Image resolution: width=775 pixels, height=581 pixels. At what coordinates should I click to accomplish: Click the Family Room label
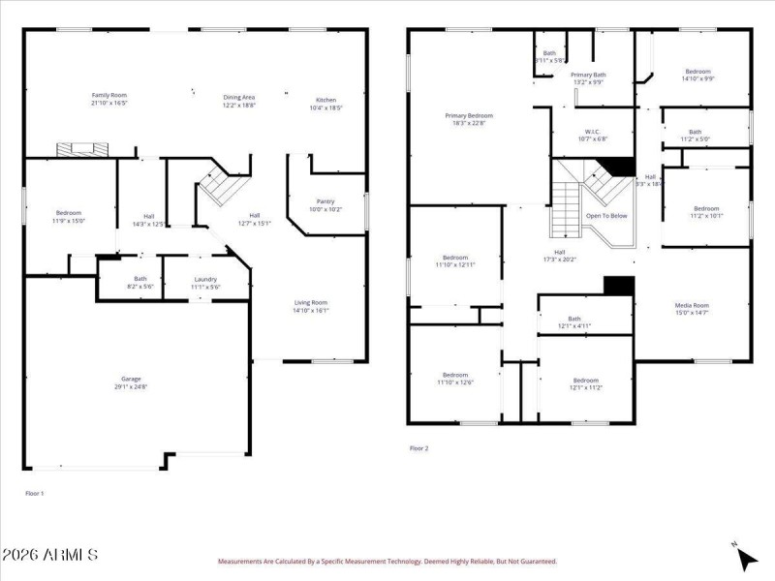pos(109,95)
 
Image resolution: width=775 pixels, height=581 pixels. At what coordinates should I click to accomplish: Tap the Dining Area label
pos(239,96)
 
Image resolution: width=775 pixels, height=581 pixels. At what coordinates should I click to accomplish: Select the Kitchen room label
pos(325,100)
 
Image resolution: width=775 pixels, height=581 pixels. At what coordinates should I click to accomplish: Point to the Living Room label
pos(311,302)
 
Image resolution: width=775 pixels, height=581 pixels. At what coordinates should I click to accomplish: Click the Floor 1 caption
pos(34,493)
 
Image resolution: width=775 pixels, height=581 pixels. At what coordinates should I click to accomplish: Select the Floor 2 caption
pos(418,448)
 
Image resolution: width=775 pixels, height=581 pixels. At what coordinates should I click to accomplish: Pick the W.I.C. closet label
pos(594,132)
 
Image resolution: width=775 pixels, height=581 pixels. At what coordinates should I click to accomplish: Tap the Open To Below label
pos(606,216)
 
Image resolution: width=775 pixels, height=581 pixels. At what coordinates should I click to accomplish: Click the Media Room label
pos(692,305)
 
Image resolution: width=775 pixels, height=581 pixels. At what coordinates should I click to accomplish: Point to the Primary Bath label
pos(588,75)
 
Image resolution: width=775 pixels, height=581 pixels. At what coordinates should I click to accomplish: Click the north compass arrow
pos(745,557)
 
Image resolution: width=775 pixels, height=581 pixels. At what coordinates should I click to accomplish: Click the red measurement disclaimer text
pos(387,561)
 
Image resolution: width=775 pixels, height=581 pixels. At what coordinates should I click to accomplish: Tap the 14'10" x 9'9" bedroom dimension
pos(698,79)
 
